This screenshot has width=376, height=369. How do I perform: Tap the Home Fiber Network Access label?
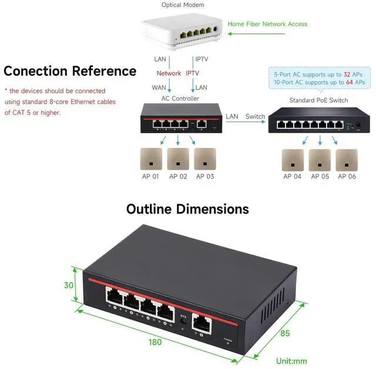[267, 24]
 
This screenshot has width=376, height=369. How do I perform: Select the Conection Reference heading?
[70, 72]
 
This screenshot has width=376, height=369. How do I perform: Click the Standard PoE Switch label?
[318, 100]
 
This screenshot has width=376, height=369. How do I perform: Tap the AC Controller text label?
[180, 99]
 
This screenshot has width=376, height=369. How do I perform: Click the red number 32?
[347, 75]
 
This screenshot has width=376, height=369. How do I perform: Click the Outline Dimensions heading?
[187, 209]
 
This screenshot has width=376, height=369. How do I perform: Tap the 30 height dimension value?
[69, 286]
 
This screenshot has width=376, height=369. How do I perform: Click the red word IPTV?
[193, 73]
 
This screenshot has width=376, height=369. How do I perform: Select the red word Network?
[169, 73]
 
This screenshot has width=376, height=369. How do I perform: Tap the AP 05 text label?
[320, 177]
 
